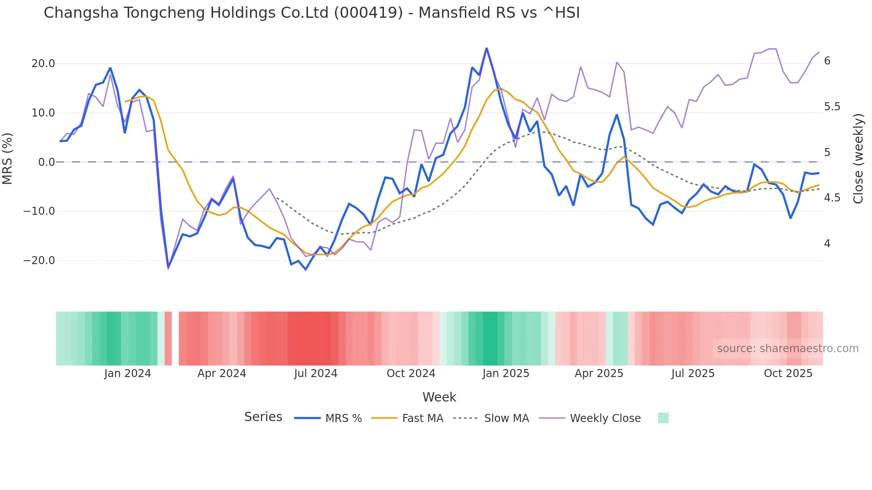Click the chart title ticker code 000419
[368, 13]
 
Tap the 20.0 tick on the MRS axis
[43, 64]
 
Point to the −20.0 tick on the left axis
[39, 261]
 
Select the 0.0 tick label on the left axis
[46, 162]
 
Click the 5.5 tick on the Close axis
[832, 107]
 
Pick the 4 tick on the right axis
[827, 244]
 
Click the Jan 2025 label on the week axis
[506, 374]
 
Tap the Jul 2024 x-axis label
[315, 374]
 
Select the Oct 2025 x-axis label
[788, 374]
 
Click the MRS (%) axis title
[8, 158]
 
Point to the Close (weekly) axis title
[858, 158]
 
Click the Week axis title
[439, 397]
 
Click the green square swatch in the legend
[663, 418]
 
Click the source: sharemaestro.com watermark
[787, 349]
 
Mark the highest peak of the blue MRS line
[486, 48]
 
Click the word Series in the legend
[263, 417]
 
